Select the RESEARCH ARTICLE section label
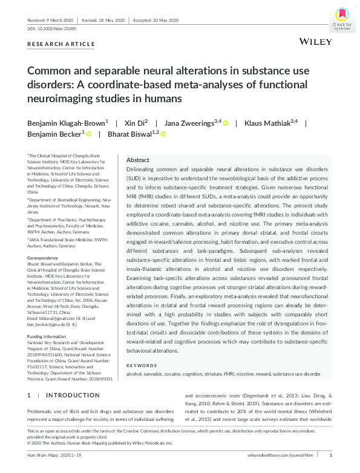[x=61, y=44]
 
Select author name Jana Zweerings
[x=191, y=123]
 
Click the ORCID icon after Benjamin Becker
[x=88, y=134]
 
